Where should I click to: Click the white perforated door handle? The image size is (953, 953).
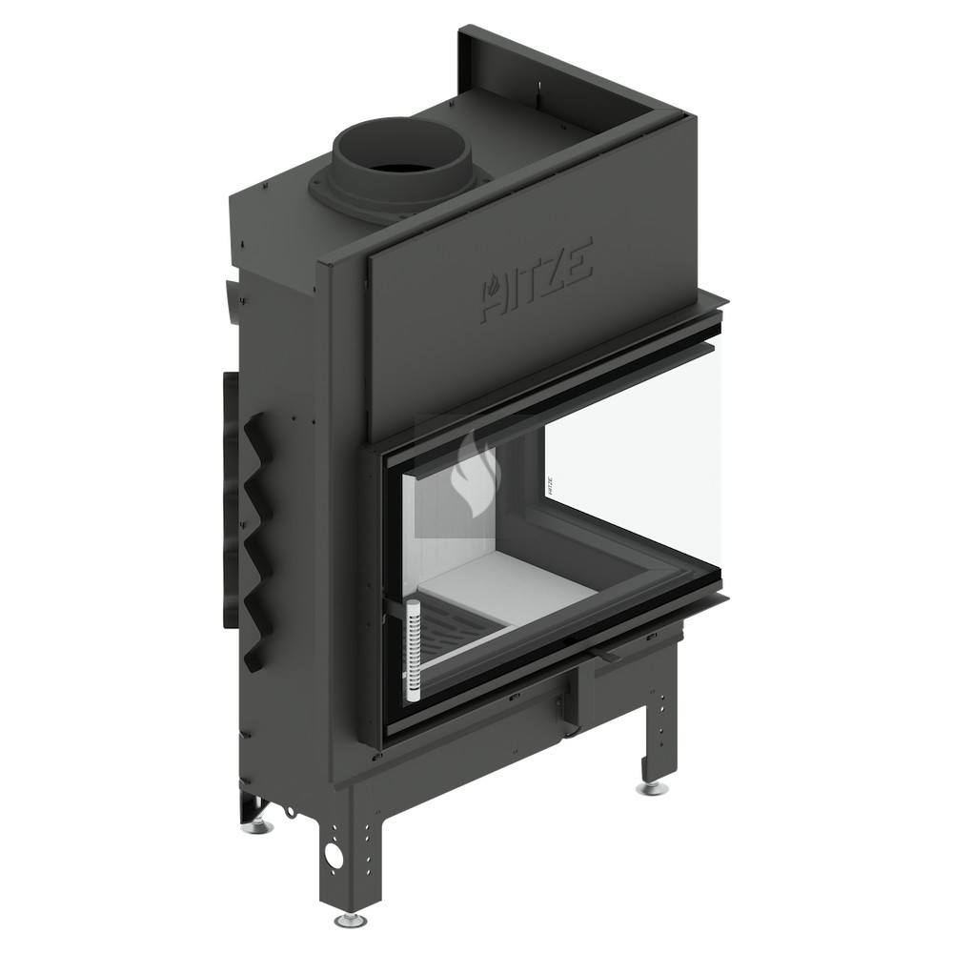[414, 651]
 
